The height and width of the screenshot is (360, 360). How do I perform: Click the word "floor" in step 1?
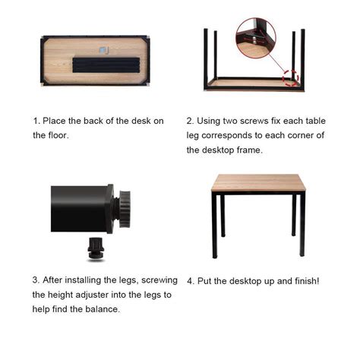(x=60, y=135)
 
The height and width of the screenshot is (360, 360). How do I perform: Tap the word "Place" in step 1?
(x=57, y=121)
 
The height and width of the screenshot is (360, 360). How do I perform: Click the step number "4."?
(x=191, y=280)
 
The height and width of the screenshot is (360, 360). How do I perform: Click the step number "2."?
(x=191, y=121)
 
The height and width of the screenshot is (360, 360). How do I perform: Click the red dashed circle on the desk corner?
(x=289, y=78)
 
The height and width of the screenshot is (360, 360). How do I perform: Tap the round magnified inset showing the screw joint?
(x=255, y=39)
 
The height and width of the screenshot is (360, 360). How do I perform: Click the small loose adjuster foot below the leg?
(x=96, y=248)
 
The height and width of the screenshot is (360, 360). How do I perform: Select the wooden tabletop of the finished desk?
(x=258, y=182)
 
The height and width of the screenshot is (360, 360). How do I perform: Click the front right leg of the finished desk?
(x=302, y=224)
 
